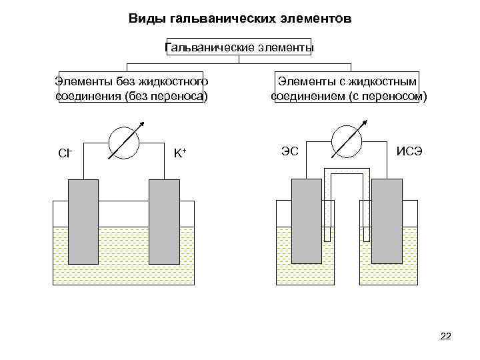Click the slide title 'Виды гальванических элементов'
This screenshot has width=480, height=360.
pyautogui.click(x=239, y=19)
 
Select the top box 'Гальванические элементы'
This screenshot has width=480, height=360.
pyautogui.click(x=239, y=47)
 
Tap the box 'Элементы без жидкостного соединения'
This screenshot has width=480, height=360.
pyautogui.click(x=131, y=89)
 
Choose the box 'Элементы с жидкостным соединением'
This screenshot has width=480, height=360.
pyautogui.click(x=348, y=89)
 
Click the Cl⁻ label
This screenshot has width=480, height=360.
pyautogui.click(x=65, y=153)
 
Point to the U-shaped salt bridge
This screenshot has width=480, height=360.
pyautogui.click(x=347, y=171)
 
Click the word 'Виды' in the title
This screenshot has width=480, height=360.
pyautogui.click(x=144, y=19)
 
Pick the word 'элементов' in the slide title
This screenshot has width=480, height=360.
pyautogui.click(x=320, y=19)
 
